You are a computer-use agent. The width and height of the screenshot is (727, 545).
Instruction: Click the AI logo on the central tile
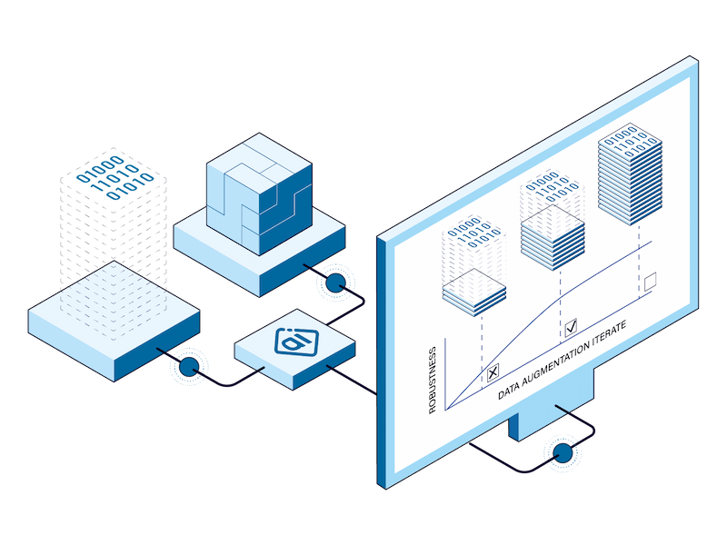[292, 342]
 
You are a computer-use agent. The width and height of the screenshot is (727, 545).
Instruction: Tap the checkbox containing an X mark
[493, 371]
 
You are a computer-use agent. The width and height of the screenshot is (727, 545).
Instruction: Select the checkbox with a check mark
[572, 327]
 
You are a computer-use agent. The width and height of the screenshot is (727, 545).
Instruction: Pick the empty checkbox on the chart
[650, 282]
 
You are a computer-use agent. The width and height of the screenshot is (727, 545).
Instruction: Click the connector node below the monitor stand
[563, 451]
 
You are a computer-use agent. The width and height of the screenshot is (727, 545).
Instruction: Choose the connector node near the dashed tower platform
[190, 366]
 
